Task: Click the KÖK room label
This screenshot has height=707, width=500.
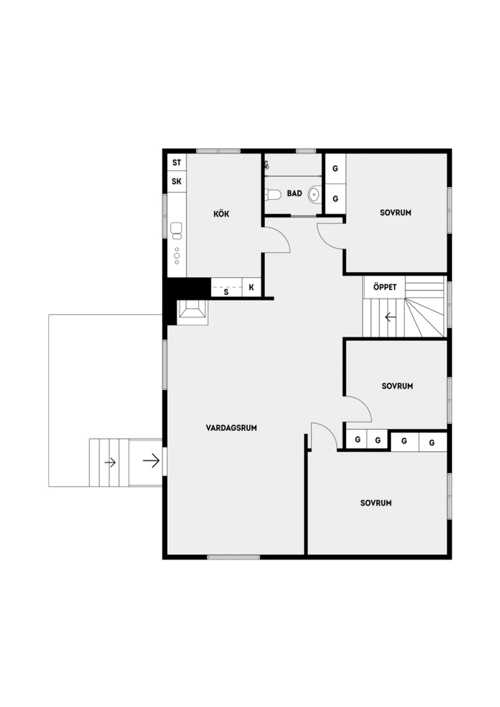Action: (221, 214)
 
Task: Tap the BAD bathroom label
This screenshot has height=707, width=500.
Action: (295, 194)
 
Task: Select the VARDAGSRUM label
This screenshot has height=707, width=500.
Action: (232, 427)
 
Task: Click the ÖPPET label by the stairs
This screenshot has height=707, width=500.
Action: (385, 287)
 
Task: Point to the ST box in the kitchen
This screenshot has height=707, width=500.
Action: (176, 163)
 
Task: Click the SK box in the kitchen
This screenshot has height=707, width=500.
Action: (176, 181)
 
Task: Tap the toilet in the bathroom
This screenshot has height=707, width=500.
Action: (272, 195)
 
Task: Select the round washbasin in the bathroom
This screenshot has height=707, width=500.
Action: (314, 195)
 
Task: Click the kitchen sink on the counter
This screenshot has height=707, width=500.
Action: (176, 229)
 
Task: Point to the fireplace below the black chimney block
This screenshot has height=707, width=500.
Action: (193, 311)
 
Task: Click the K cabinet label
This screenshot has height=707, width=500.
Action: (252, 288)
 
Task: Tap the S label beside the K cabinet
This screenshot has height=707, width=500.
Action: (226, 292)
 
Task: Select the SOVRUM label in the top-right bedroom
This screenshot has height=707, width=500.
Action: (396, 213)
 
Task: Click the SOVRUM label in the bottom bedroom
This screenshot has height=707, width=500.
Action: (376, 503)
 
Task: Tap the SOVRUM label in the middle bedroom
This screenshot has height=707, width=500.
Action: (397, 386)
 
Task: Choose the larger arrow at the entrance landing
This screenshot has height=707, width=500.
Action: (151, 461)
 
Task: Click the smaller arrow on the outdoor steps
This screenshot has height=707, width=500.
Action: (110, 463)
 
